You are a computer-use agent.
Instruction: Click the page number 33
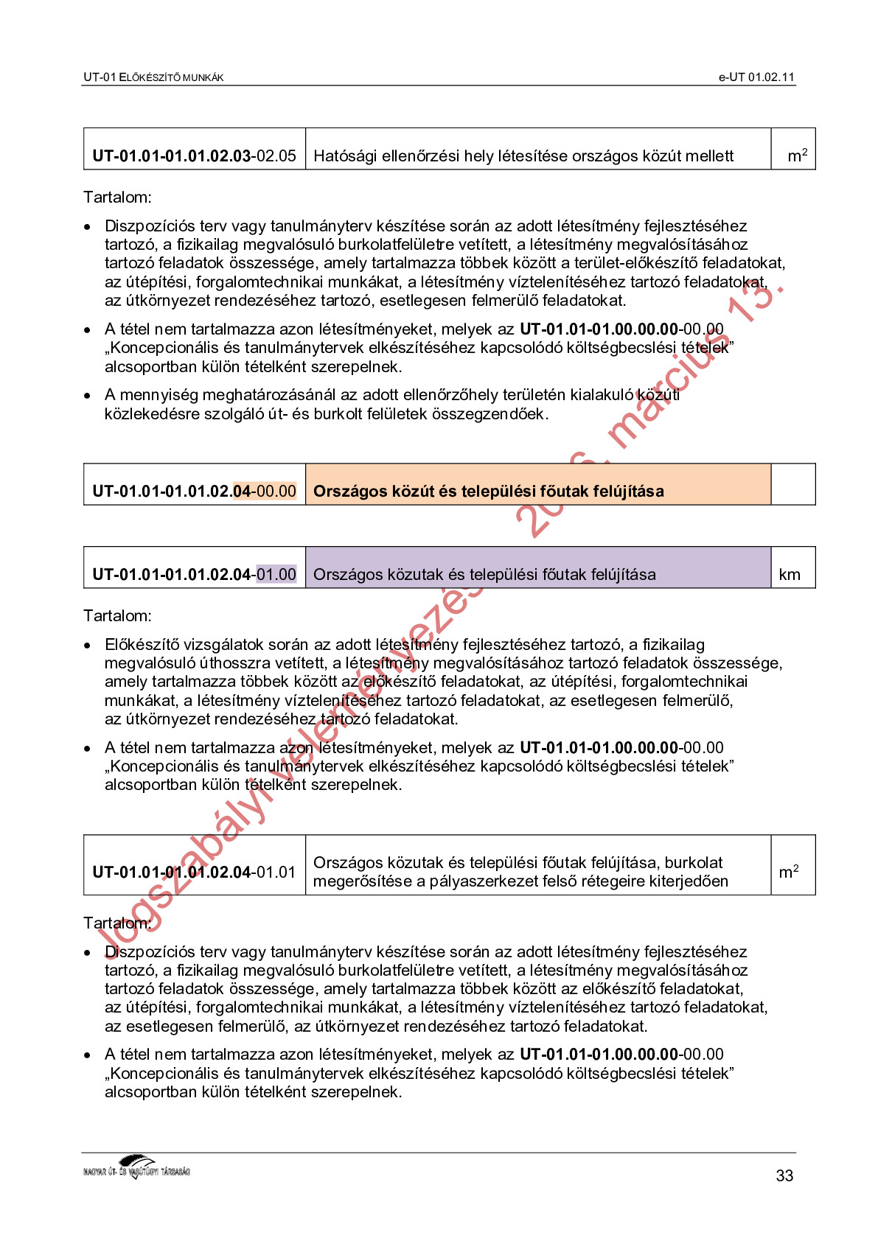784,1175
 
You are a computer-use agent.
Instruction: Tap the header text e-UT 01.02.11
756,77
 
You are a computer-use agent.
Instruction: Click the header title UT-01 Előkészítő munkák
153,77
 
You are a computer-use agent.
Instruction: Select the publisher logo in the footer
137,1168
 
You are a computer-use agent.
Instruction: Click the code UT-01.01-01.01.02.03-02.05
194,156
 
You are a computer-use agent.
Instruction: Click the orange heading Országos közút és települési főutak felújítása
488,492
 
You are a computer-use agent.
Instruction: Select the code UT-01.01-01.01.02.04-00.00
194,492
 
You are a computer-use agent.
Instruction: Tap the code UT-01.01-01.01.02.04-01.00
194,575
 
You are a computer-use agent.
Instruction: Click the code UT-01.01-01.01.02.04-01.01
194,873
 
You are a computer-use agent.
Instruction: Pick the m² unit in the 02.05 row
797,155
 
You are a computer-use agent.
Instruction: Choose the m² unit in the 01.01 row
789,872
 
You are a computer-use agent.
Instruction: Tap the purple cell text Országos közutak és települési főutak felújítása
484,575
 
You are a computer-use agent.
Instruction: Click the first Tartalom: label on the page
117,197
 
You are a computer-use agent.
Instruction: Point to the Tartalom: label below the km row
117,616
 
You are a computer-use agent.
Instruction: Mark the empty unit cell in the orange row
792,485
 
